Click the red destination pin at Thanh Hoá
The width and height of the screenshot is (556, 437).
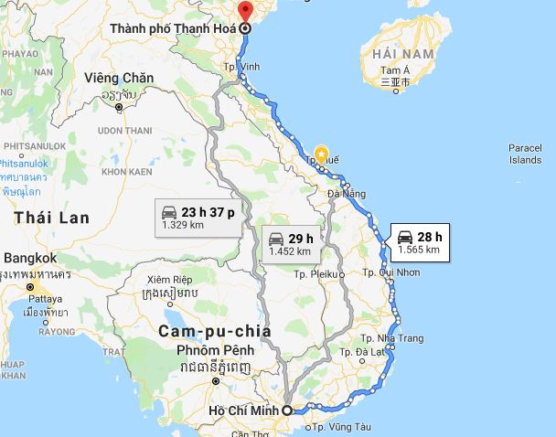coord(244,12)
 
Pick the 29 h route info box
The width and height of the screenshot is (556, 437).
coord(290,244)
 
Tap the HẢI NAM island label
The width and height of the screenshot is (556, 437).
coord(396,56)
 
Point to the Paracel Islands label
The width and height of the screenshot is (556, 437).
coord(525,154)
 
